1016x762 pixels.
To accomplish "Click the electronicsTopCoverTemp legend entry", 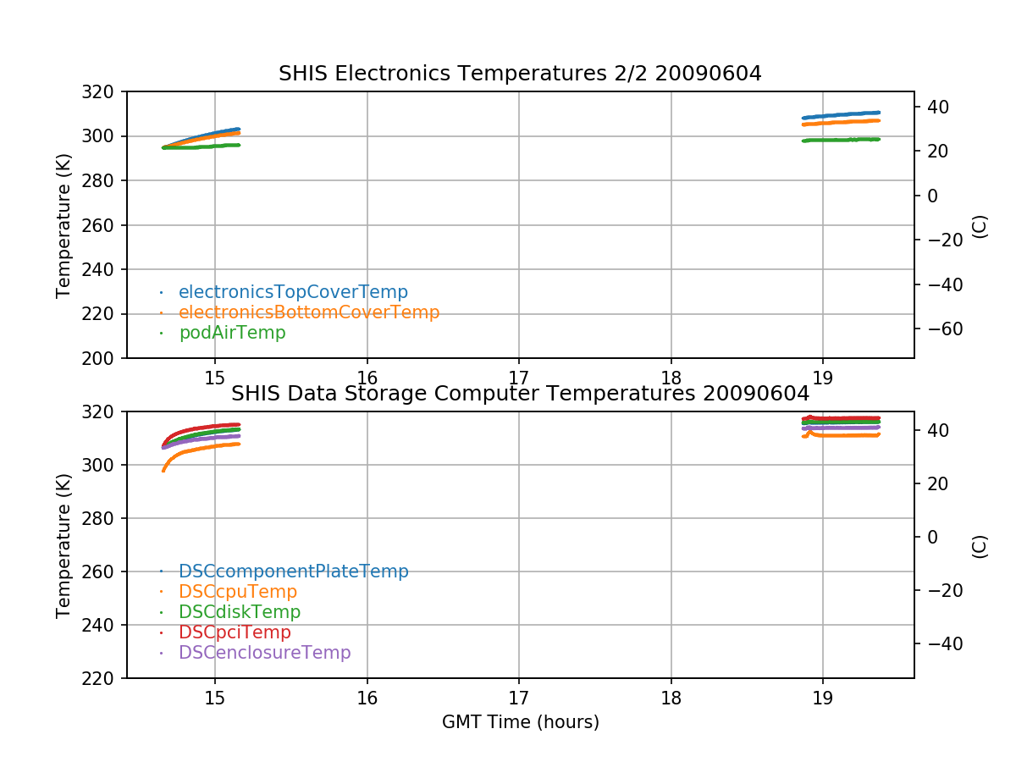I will click(293, 292).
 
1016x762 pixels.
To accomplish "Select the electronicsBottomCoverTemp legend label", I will click(309, 312).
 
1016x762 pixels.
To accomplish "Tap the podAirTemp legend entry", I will click(232, 333).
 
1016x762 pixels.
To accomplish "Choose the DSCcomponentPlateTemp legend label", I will click(293, 571).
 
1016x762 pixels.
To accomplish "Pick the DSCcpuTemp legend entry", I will click(238, 592).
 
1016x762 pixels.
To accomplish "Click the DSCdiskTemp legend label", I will click(240, 612).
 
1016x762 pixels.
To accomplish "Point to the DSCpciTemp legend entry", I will click(235, 632).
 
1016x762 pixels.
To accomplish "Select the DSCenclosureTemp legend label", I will click(264, 653).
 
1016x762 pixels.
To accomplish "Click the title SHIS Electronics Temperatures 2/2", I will click(520, 74).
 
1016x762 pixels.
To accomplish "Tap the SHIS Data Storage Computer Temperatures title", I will click(520, 394).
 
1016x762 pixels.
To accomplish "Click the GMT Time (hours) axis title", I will click(520, 722).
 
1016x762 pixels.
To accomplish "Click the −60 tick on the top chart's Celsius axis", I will click(939, 329).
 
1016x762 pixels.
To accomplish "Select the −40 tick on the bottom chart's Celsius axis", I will click(939, 644).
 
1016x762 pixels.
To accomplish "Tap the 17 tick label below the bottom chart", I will click(518, 698).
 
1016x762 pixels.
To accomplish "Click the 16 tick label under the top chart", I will click(367, 378).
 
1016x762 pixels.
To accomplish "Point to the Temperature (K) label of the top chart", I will click(63, 225).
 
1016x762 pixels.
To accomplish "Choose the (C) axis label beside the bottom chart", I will click(980, 545).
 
